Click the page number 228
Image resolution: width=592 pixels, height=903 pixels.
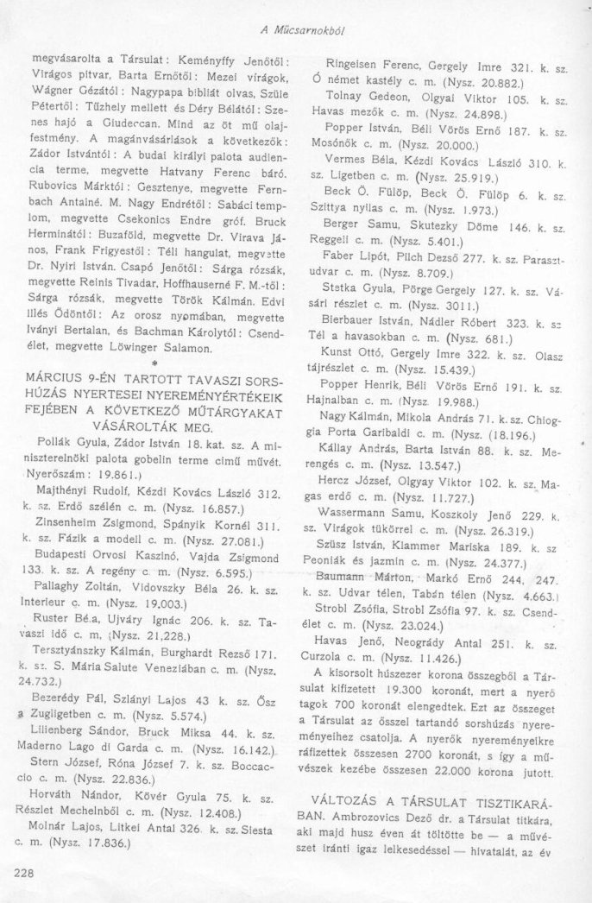tap(25, 874)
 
